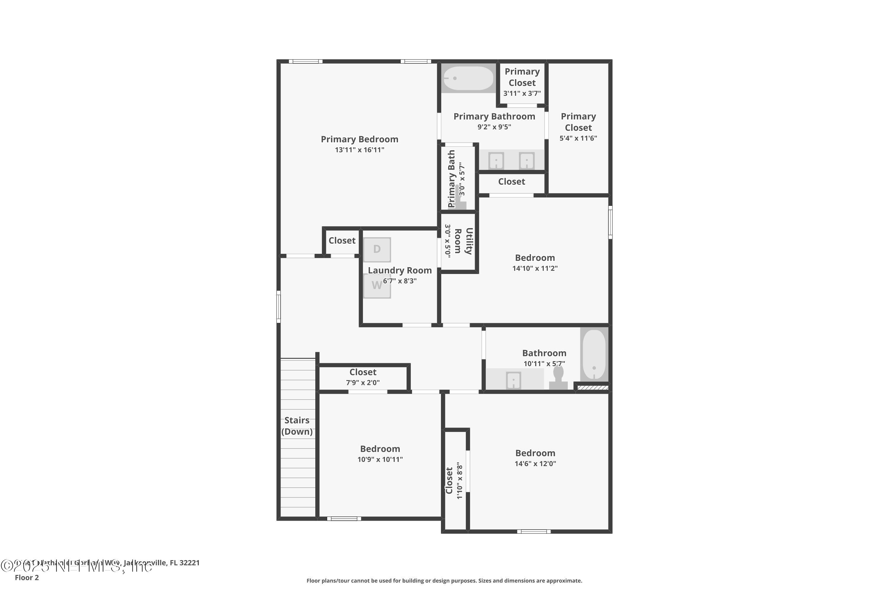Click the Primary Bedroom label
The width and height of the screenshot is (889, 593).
(359, 139)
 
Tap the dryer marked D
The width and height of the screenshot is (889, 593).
(377, 250)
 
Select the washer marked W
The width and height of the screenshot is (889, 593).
(377, 286)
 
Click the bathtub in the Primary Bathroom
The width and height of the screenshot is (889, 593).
(468, 78)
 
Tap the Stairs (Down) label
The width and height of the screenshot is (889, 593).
(297, 426)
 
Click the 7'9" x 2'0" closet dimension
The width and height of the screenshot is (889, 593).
(363, 383)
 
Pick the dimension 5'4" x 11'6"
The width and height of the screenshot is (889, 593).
(578, 138)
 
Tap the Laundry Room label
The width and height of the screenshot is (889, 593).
(399, 270)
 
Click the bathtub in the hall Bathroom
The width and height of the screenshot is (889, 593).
(594, 354)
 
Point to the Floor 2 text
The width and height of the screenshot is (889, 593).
(27, 578)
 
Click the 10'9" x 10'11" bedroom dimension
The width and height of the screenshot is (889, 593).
(380, 460)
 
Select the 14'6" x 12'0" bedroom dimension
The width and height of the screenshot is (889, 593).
(535, 464)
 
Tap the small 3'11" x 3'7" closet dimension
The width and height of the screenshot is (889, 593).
(522, 93)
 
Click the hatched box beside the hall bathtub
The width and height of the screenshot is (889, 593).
(592, 387)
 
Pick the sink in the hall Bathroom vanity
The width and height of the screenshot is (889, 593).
(513, 380)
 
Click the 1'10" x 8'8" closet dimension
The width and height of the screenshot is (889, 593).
(460, 480)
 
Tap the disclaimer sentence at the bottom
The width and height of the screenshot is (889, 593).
(444, 581)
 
